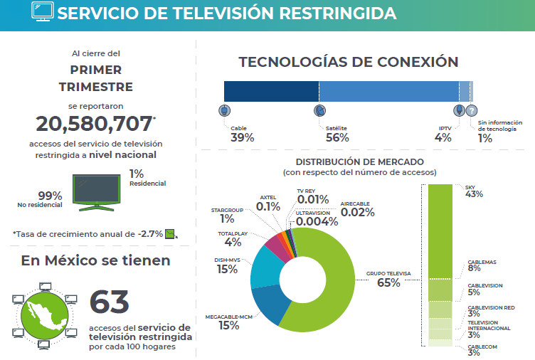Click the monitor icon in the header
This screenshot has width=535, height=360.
(x=43, y=11)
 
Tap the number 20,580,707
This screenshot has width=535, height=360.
(x=94, y=124)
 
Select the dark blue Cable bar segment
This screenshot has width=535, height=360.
(x=272, y=91)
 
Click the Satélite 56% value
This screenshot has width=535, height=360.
(x=337, y=138)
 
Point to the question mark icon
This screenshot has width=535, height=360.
(x=472, y=110)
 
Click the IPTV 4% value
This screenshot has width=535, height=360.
(x=443, y=138)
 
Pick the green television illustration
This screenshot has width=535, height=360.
(x=97, y=193)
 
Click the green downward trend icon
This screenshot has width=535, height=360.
(x=170, y=234)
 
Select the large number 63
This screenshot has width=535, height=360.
(x=110, y=302)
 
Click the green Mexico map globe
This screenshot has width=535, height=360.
(x=45, y=316)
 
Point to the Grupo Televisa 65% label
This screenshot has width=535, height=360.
(x=388, y=279)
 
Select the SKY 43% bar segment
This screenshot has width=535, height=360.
(x=440, y=231)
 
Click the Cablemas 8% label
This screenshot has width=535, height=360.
(x=482, y=265)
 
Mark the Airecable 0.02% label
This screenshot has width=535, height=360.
(x=357, y=209)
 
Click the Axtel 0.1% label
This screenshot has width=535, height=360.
(x=268, y=203)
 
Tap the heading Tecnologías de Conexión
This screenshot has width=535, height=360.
(x=349, y=62)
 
